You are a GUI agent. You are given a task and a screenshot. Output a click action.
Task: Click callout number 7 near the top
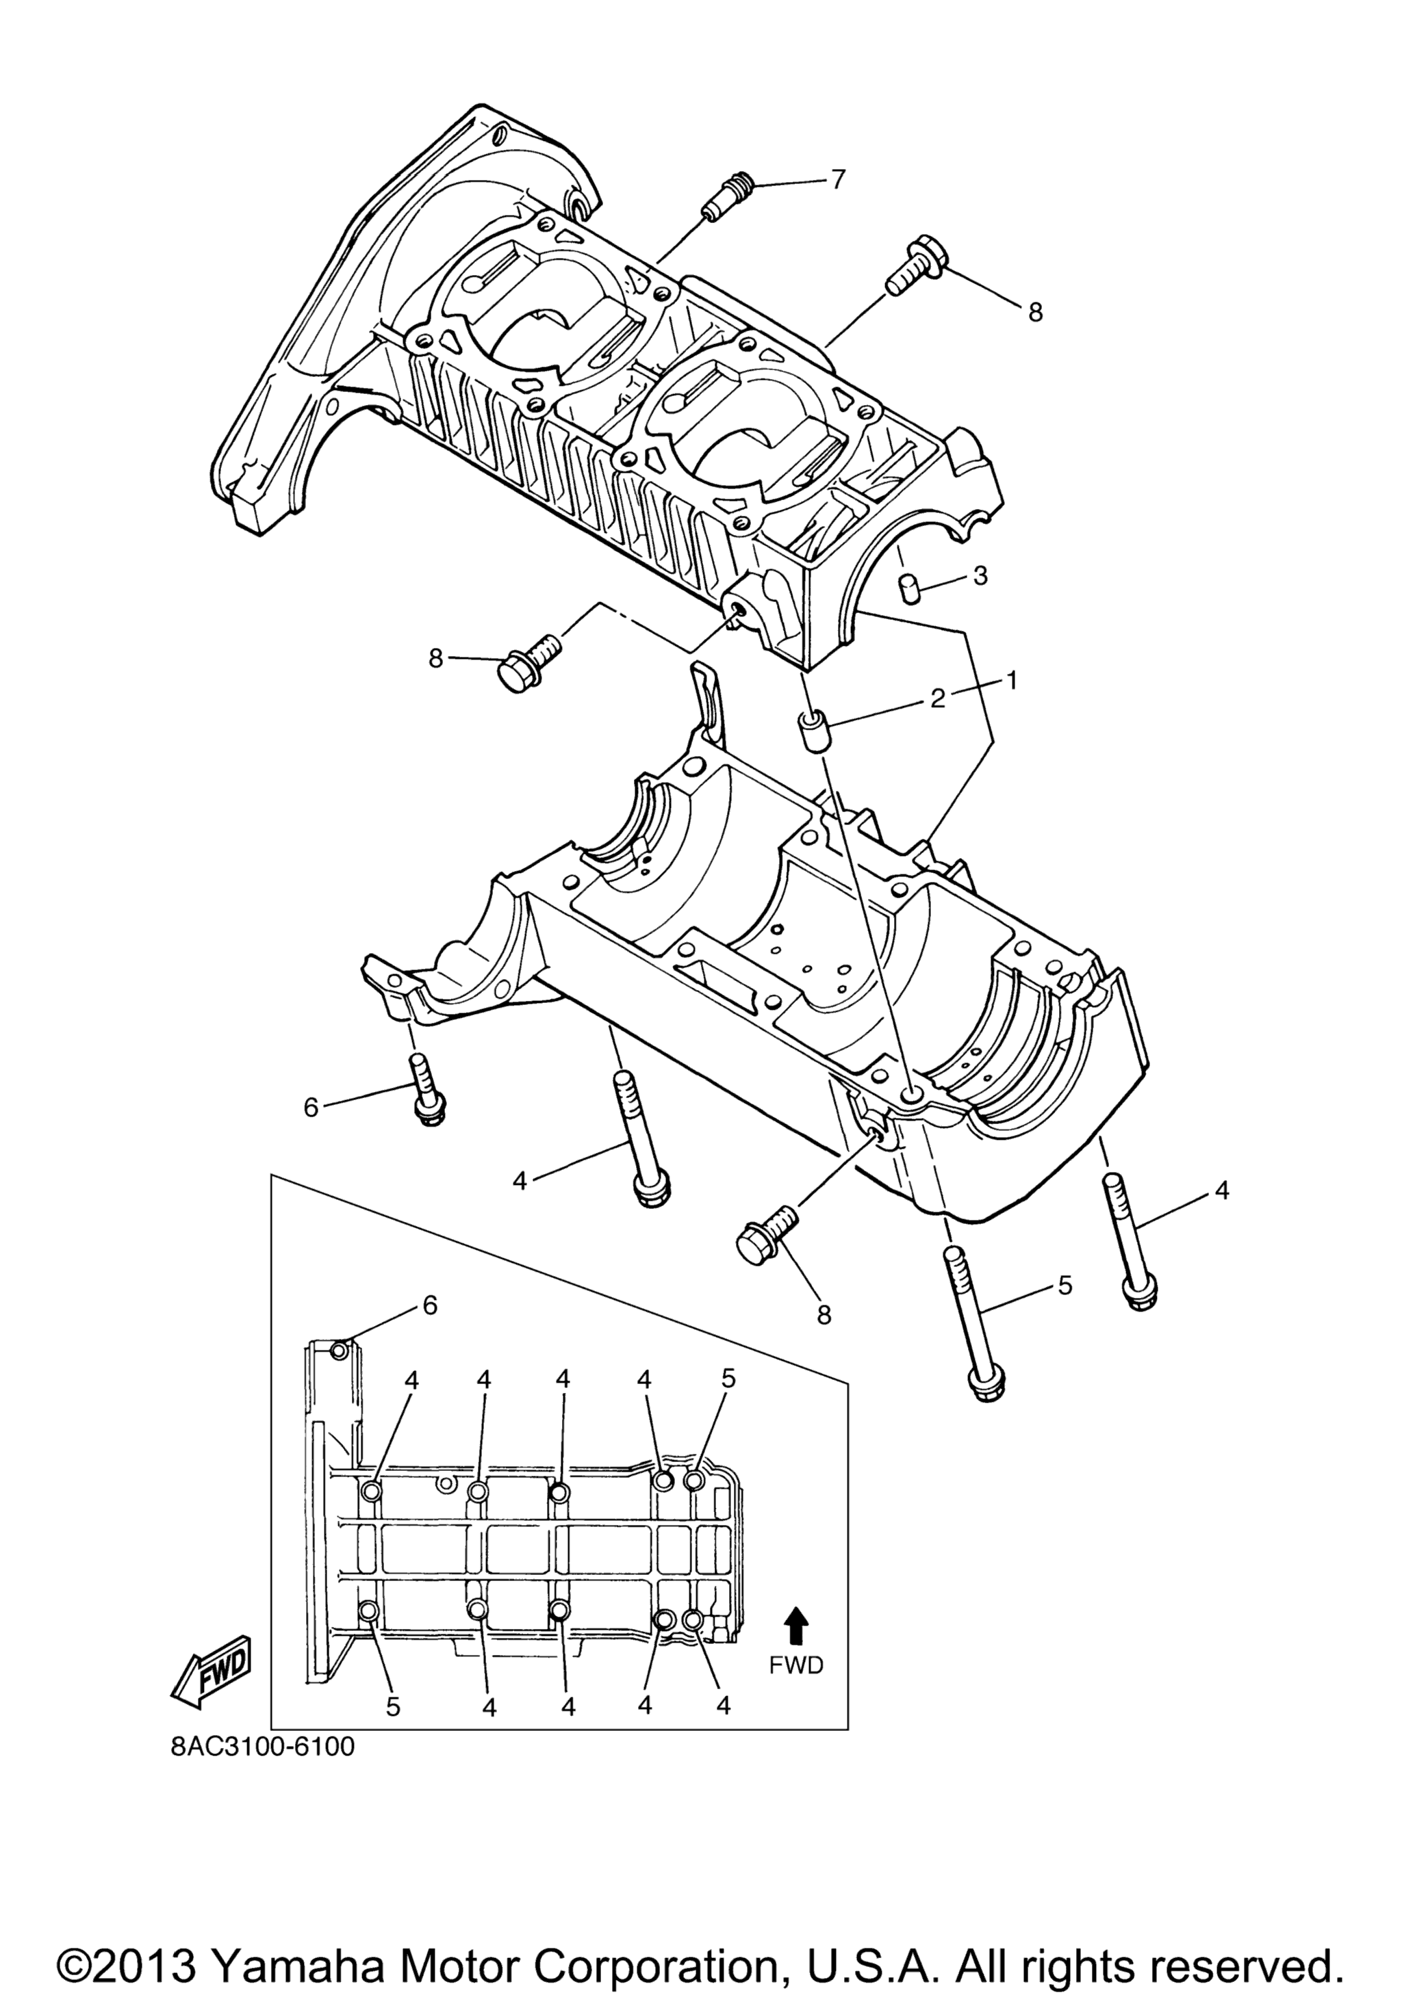click(x=837, y=180)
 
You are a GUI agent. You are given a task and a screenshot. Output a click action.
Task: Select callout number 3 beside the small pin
click(x=980, y=575)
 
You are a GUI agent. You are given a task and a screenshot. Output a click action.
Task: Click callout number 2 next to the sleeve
click(x=937, y=698)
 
